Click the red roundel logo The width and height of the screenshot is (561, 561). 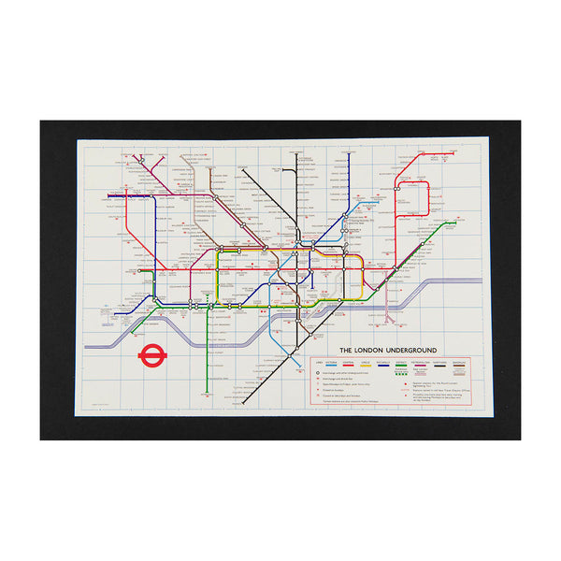point(151,355)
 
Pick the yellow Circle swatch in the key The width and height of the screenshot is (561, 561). point(377,366)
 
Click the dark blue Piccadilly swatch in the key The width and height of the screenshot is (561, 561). point(395,366)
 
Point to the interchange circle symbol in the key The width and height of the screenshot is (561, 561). point(318,372)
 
